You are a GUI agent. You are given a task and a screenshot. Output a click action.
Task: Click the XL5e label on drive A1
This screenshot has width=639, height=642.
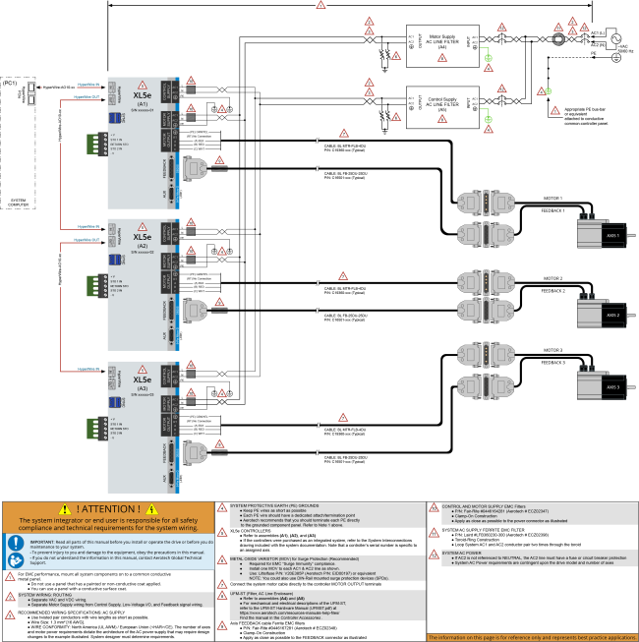pyautogui.click(x=143, y=95)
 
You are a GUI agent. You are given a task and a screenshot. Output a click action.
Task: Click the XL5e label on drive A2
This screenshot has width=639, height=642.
pyautogui.click(x=143, y=237)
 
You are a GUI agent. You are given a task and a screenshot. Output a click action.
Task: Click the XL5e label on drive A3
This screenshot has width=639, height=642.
pyautogui.click(x=143, y=379)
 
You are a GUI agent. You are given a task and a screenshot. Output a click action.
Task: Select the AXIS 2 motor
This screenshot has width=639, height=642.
pyautogui.click(x=599, y=314)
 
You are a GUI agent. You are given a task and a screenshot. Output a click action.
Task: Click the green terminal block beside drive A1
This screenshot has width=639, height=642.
pyautogui.click(x=96, y=144)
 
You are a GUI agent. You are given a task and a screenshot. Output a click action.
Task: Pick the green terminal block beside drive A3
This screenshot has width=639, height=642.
pyautogui.click(x=96, y=429)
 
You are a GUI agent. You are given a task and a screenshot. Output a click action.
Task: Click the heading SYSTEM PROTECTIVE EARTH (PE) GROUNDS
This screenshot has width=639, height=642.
pyautogui.click(x=275, y=505)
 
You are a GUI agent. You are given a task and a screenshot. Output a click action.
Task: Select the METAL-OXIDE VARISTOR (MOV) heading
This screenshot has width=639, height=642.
pyautogui.click(x=272, y=556)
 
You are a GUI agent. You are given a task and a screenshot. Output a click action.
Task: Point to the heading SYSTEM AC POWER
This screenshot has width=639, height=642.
pyautogui.click(x=462, y=553)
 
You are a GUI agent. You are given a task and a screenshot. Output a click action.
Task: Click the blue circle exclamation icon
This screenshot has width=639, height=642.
pyautogui.click(x=16, y=542)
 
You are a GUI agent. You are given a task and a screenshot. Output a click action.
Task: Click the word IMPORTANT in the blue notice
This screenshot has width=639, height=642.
pyautogui.click(x=42, y=542)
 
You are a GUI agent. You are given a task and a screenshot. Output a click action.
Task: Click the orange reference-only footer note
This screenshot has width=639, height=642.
pyautogui.click(x=532, y=637)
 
